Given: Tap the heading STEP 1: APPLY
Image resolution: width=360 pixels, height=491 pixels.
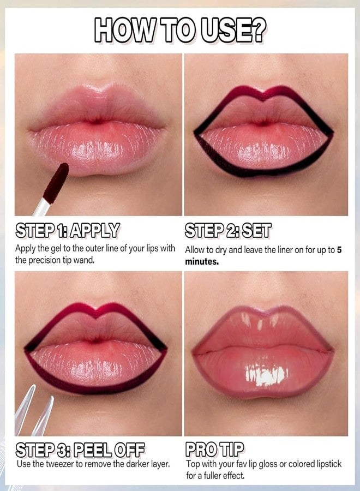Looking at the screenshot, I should tap(67, 230).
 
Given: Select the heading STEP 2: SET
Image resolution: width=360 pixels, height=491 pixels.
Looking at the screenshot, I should tap(228, 231).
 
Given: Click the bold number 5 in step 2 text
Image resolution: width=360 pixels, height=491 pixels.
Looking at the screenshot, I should tap(339, 249).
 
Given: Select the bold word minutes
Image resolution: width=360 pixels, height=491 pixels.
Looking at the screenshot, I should tap(202, 261).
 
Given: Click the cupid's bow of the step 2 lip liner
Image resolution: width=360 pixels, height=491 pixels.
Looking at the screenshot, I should tap(263, 98).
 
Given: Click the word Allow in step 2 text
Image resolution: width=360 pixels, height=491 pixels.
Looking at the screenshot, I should tap(195, 249).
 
